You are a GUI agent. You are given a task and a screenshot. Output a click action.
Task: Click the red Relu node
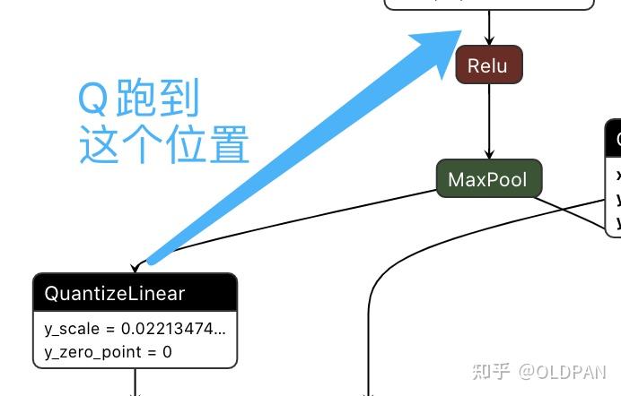click(x=488, y=65)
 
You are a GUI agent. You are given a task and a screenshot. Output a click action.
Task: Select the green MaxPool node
click(x=488, y=179)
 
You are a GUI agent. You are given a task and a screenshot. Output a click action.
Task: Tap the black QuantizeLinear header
click(x=135, y=293)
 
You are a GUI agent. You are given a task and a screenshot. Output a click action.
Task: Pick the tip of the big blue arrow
click(x=458, y=33)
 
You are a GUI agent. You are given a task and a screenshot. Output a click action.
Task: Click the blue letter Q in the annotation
click(x=93, y=99)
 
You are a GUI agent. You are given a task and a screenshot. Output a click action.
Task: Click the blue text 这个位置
click(x=163, y=144)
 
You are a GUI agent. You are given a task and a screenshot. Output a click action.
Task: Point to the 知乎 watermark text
click(x=492, y=371)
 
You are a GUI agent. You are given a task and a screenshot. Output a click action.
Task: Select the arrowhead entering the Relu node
click(x=489, y=41)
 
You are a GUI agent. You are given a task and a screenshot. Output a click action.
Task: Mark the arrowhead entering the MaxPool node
click(x=489, y=155)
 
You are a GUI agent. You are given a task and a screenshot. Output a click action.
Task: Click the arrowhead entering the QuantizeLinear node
click(x=136, y=267)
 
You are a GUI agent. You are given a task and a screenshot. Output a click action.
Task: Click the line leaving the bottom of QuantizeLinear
click(x=136, y=381)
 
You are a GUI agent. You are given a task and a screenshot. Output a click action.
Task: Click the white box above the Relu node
click(x=489, y=4)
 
